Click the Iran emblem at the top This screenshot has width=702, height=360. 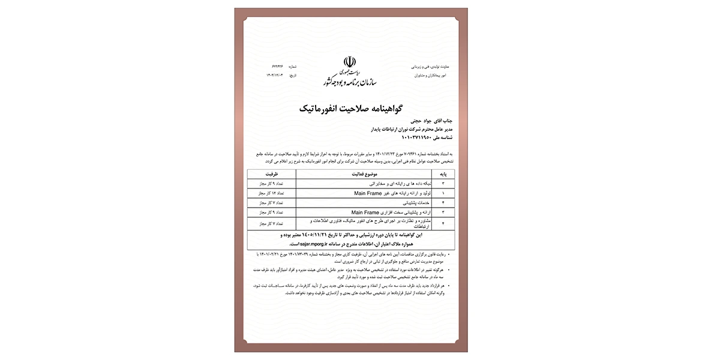[350, 62]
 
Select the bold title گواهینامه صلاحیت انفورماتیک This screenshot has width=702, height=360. [350, 109]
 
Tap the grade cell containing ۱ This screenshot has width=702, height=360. [443, 194]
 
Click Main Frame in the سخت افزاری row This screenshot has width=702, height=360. [365, 213]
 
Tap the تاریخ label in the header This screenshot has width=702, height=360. [293, 75]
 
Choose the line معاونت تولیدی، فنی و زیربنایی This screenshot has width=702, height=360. [432, 66]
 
